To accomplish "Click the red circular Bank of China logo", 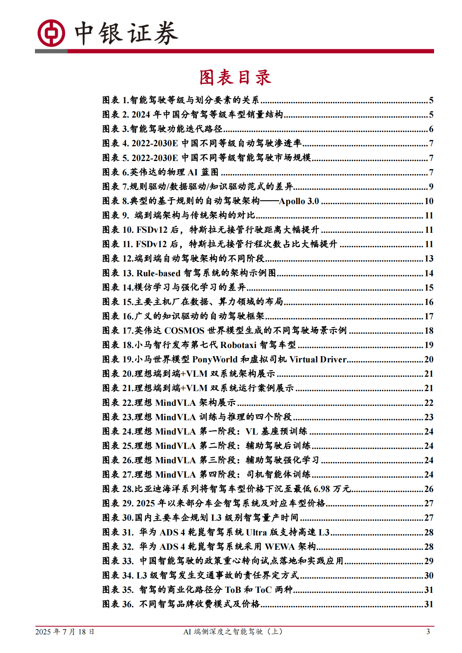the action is coord(51,33).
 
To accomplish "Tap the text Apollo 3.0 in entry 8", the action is coord(299,201).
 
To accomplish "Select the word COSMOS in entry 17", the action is coord(184,331).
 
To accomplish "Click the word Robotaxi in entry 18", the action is coord(238,345).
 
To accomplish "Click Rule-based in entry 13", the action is coord(158,273).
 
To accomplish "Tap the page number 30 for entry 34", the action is coord(429,575).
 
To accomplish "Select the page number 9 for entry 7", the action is coord(431,187).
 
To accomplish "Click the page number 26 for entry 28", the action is coord(429,489).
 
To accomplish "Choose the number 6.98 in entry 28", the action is coord(321,489).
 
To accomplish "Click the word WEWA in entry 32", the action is coord(280,547).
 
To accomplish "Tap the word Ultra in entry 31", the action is coord(256,532).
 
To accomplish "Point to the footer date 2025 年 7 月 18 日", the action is coord(65,632).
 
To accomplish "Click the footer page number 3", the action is coord(428,632).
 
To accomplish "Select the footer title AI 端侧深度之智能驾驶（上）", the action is coord(233,632).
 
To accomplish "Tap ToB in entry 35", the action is coord(233,590).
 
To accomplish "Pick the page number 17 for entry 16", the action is coord(429,316).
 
